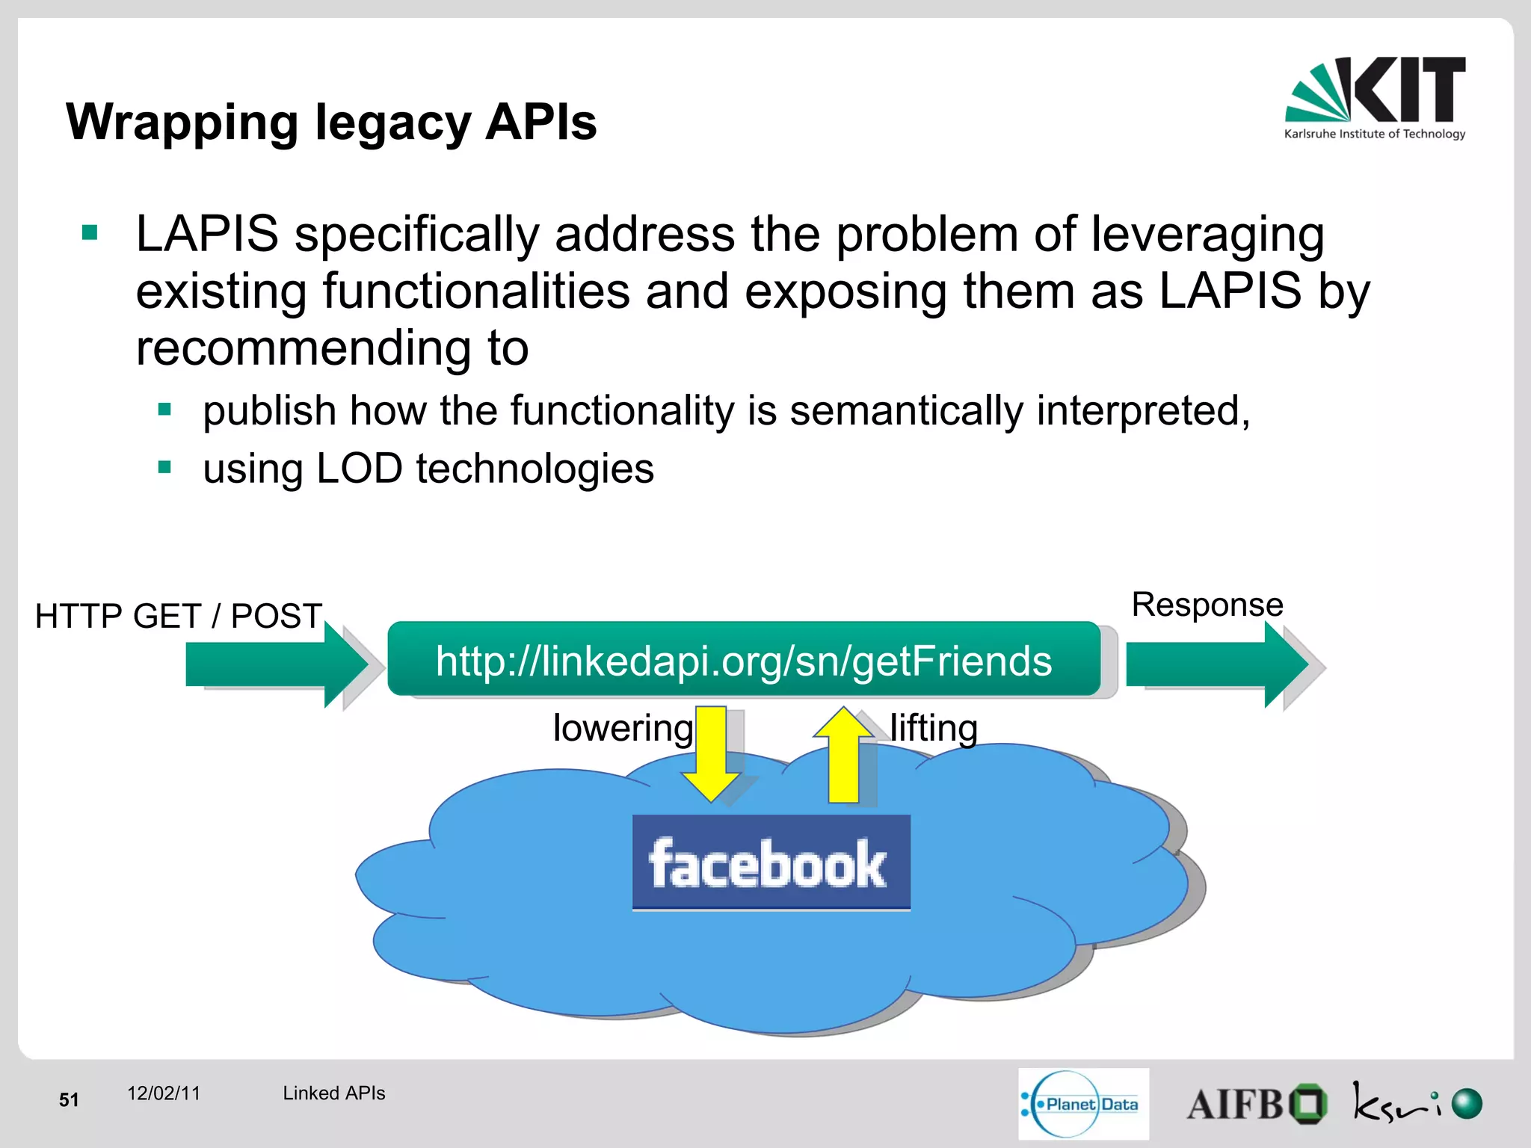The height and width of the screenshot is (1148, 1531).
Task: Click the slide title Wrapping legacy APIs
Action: (x=331, y=122)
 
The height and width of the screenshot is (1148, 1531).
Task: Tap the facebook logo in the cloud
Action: (x=771, y=863)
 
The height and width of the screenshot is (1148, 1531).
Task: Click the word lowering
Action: (x=623, y=728)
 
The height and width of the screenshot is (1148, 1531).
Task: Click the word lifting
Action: (x=933, y=728)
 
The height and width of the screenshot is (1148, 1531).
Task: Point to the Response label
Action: (x=1207, y=605)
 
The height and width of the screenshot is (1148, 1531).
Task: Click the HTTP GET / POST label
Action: (x=178, y=617)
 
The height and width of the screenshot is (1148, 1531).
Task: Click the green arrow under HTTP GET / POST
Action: (x=277, y=664)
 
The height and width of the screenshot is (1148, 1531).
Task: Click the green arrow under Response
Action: (x=1217, y=664)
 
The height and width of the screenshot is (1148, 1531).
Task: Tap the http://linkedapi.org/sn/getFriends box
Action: (x=743, y=660)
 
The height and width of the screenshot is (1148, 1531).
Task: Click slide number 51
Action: (x=69, y=1099)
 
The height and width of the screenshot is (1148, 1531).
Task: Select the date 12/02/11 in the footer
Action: (x=164, y=1093)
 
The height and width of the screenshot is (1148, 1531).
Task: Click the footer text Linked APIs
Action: (x=333, y=1093)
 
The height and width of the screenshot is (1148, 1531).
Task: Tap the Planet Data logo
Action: (x=1082, y=1104)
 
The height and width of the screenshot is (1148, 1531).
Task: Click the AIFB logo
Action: (x=1256, y=1104)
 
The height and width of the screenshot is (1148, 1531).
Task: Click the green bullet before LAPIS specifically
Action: (x=90, y=232)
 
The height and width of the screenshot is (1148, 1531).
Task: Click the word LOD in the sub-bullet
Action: (x=359, y=469)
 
